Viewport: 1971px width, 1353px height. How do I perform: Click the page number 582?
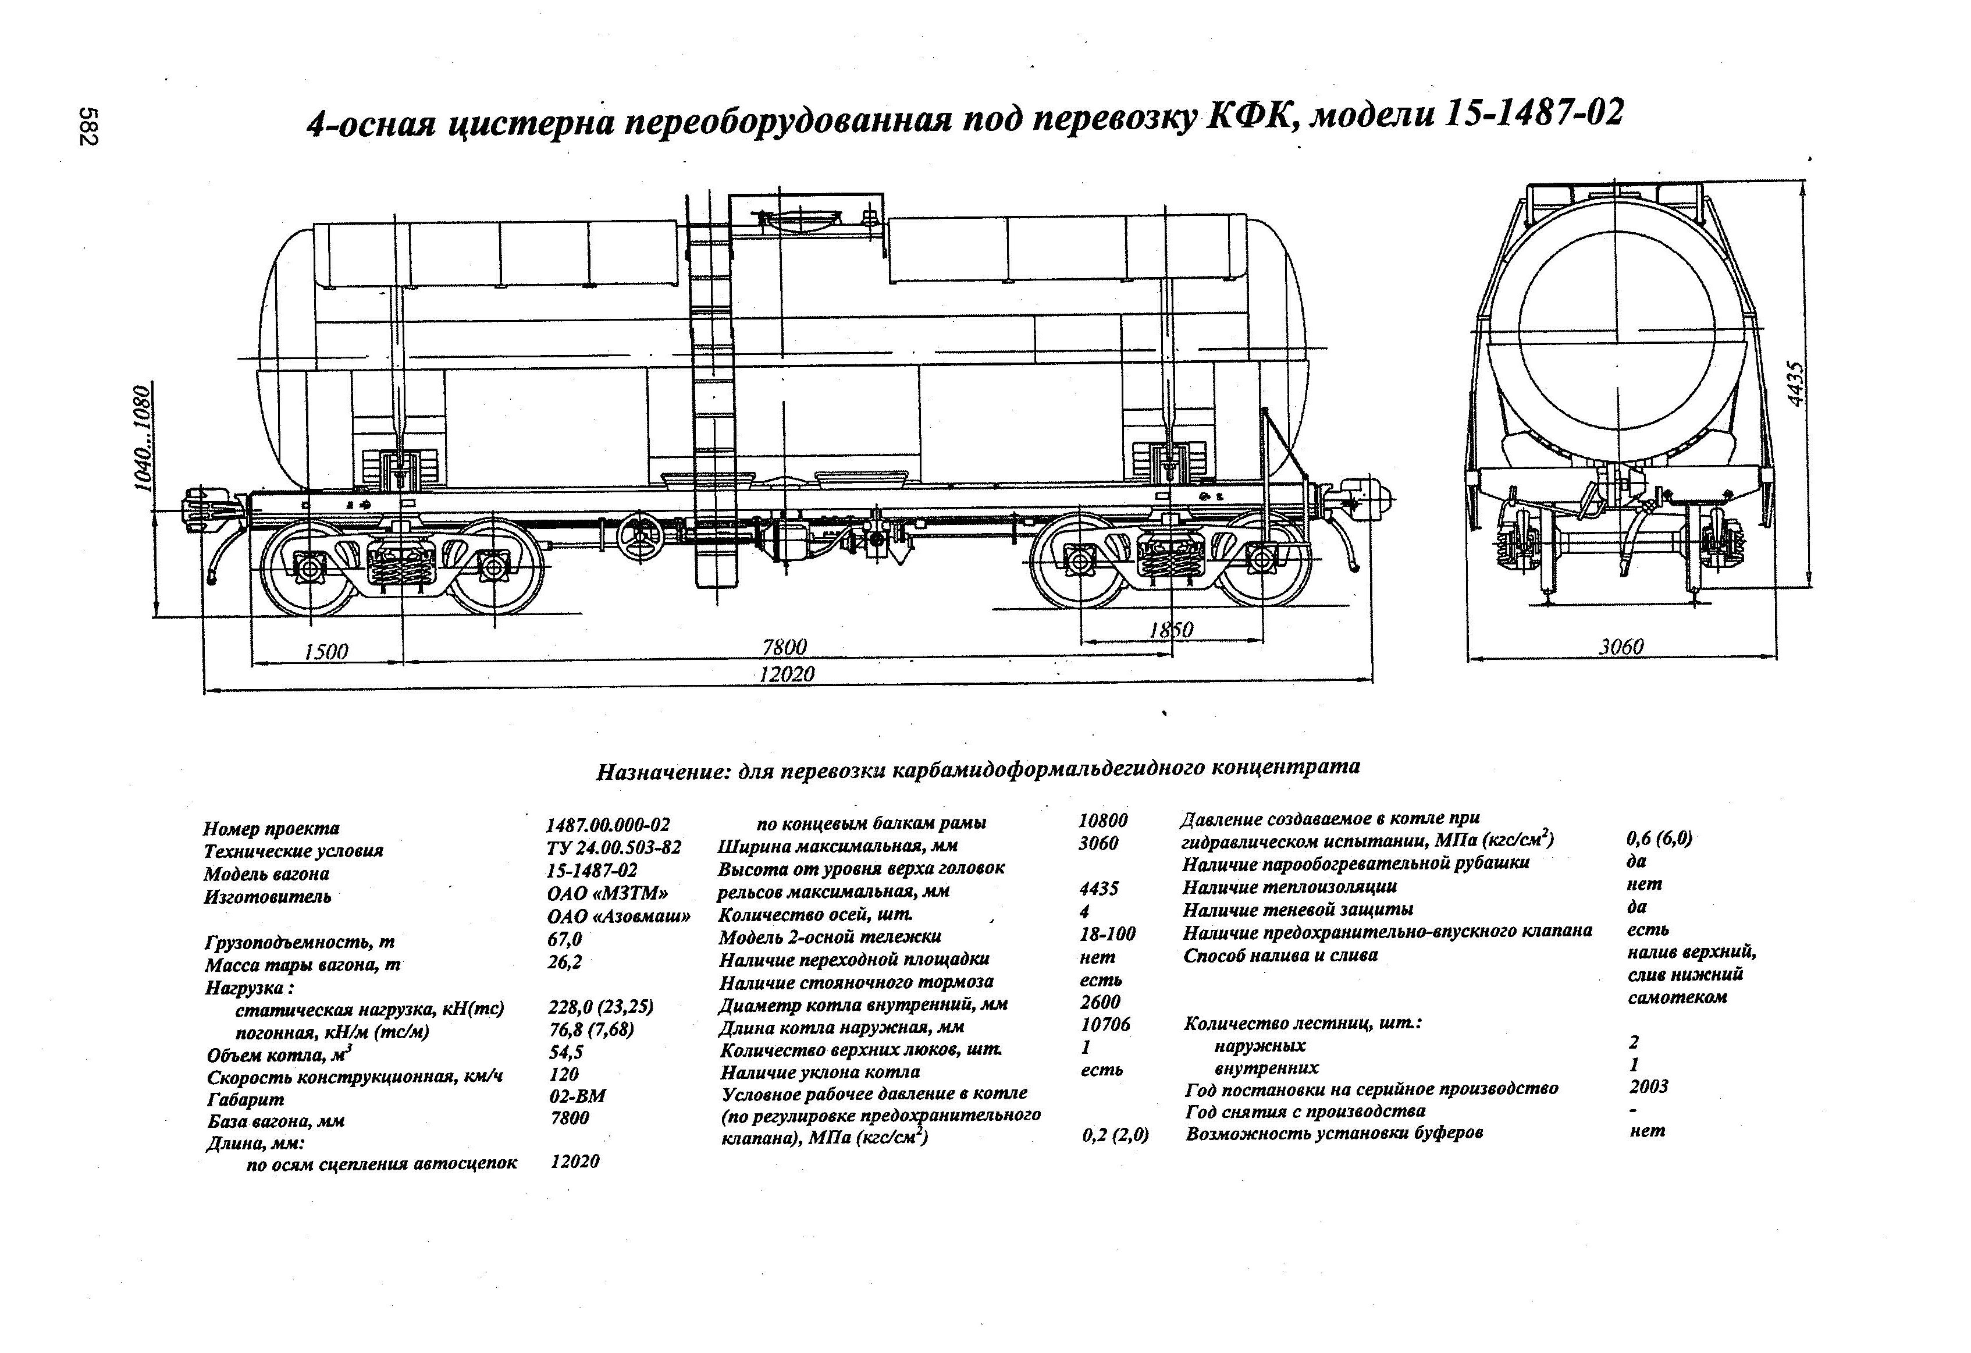[88, 126]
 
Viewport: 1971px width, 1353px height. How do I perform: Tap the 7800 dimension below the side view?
[784, 647]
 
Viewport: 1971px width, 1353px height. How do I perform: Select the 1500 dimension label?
[326, 651]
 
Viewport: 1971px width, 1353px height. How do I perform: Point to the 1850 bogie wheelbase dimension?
[1170, 630]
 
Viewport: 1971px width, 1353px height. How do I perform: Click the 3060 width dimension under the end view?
[1621, 647]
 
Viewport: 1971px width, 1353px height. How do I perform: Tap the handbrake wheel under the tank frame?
[639, 538]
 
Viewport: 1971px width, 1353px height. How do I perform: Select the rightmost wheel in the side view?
[1262, 558]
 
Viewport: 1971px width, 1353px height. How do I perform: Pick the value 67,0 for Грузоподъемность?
[565, 940]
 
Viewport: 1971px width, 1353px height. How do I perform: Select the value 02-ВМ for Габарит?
[578, 1095]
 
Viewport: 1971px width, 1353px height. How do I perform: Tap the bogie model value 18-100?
[1107, 934]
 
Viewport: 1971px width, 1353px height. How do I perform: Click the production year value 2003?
[1648, 1086]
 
